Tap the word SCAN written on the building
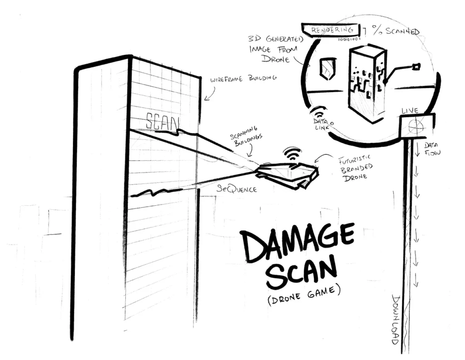pyautogui.click(x=162, y=121)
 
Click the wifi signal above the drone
pyautogui.click(x=292, y=153)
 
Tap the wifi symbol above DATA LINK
pyautogui.click(x=319, y=112)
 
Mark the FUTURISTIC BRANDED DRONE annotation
pyautogui.click(x=356, y=168)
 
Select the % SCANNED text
pyautogui.click(x=396, y=31)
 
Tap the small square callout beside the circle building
pyautogui.click(x=416, y=67)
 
